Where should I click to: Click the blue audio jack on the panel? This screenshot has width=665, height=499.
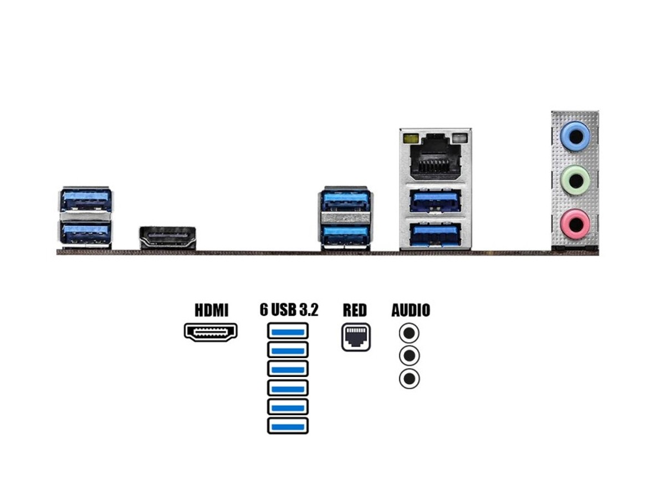pos(575,136)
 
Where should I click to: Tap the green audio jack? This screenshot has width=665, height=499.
pos(575,180)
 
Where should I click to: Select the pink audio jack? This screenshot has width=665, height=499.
pos(575,224)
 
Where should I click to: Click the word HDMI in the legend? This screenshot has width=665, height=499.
pos(211,310)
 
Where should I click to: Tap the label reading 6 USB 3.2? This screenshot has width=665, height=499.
pos(289,310)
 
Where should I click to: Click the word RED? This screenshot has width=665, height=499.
pos(355,310)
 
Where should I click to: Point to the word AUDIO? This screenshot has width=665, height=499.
pos(410,310)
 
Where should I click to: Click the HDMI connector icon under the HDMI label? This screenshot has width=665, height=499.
pos(211,332)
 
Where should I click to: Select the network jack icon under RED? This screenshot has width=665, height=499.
pos(355,337)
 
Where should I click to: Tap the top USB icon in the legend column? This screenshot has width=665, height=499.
pos(288,331)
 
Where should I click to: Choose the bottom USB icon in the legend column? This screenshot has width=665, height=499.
pos(288,425)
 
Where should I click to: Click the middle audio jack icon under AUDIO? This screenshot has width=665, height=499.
pos(409,355)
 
